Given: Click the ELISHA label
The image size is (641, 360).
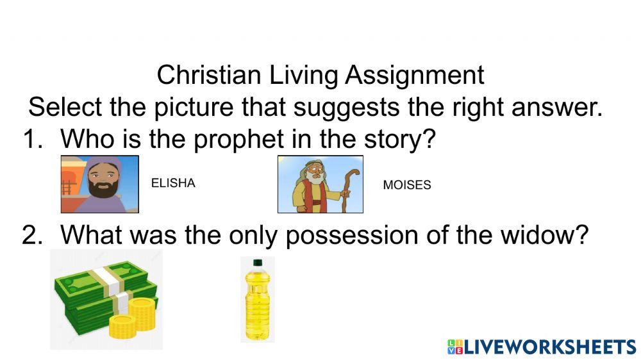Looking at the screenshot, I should click(173, 183).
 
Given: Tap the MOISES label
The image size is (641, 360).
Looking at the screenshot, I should click(407, 185).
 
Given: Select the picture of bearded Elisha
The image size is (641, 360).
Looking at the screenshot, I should click(100, 184).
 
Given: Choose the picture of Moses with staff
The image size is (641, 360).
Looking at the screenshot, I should click(320, 184).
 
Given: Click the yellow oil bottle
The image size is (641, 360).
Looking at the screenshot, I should click(258, 301).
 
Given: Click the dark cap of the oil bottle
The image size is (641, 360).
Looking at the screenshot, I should click(258, 262).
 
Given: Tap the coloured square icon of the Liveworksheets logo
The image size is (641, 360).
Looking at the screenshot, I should click(454, 347).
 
